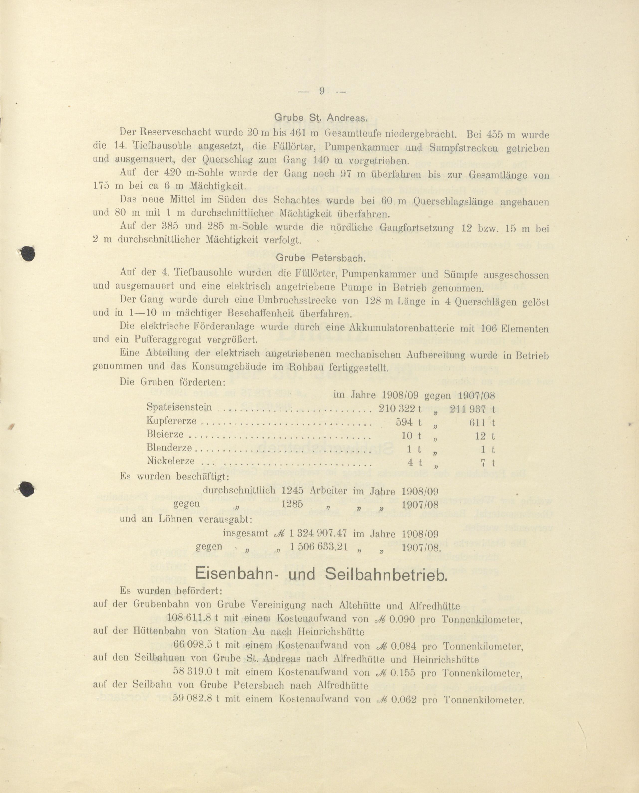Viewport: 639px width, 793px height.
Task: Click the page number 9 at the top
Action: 321,91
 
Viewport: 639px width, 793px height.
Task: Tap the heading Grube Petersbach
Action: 320,258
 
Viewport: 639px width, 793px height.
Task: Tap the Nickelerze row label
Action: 170,461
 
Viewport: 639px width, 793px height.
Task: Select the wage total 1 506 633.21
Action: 319,547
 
